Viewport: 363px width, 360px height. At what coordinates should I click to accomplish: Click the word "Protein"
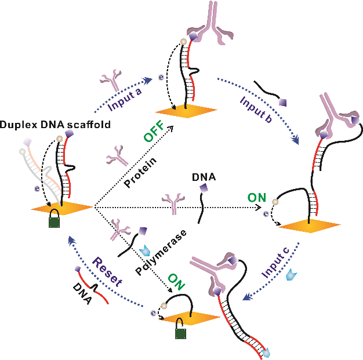click(x=137, y=173)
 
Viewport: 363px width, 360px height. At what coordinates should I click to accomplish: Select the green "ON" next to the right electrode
click(x=257, y=198)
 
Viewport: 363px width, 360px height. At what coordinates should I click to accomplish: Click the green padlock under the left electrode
click(x=54, y=222)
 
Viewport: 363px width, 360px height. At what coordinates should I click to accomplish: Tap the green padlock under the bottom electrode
click(x=181, y=332)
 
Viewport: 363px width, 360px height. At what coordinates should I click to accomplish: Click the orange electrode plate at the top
click(x=186, y=110)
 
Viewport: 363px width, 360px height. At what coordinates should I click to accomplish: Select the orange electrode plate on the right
click(x=308, y=226)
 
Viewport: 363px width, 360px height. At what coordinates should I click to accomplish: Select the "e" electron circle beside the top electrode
click(x=162, y=77)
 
